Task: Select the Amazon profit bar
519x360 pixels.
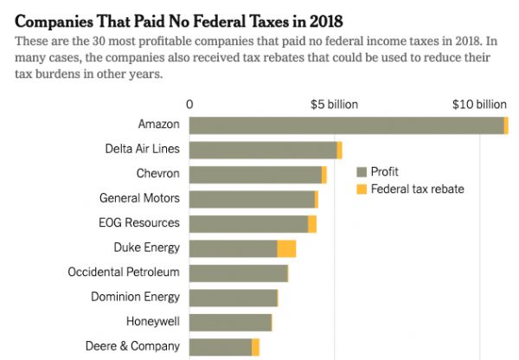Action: click(x=346, y=125)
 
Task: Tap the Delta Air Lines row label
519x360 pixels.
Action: click(x=142, y=149)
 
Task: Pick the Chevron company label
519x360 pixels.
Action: click(x=157, y=174)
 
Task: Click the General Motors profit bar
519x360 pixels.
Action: click(x=252, y=199)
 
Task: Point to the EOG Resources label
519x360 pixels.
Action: click(x=139, y=223)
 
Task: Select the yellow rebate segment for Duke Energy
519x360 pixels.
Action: click(x=286, y=248)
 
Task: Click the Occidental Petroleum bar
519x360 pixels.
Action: click(x=238, y=273)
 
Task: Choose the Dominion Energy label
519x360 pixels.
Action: click(x=135, y=298)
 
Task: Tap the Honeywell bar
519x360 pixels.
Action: click(x=230, y=323)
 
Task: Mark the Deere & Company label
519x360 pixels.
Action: click(x=132, y=347)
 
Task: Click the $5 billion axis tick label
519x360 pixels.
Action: click(x=334, y=104)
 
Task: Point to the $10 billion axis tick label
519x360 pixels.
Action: click(x=479, y=104)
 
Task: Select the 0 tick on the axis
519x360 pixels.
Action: click(x=189, y=104)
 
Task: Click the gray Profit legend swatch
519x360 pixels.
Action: click(x=362, y=171)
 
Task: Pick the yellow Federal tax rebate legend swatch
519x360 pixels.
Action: click(x=362, y=189)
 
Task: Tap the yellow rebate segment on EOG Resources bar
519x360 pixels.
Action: click(x=312, y=224)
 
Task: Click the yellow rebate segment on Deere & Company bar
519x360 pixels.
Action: click(x=255, y=348)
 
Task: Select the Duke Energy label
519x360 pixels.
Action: click(x=146, y=248)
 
